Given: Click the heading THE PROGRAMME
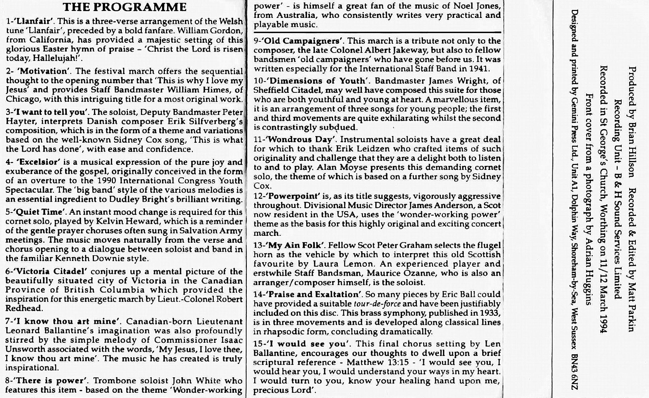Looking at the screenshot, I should coord(125,7).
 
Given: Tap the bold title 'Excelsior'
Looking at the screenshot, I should coord(39,162).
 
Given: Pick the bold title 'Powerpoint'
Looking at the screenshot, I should coord(293,196).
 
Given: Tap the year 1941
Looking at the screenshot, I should coord(478,69).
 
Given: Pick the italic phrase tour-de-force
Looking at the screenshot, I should coord(377,304).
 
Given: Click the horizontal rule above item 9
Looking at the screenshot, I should coord(377,32).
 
